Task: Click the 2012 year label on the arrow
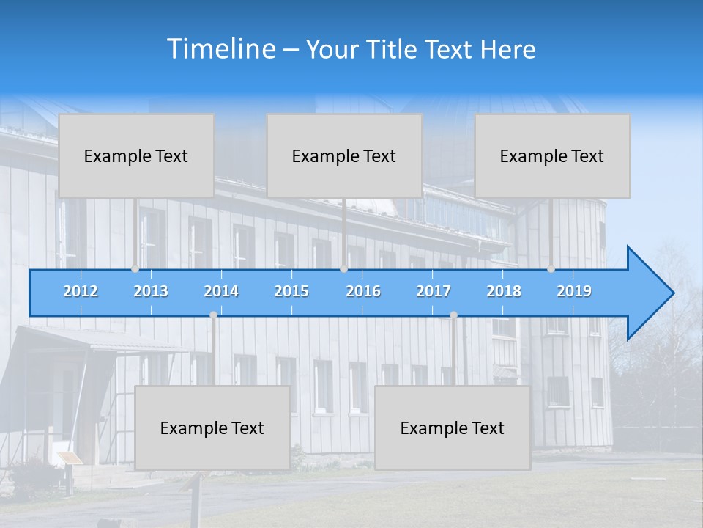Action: [81, 291]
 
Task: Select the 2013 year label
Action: [151, 291]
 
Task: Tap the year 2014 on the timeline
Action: [221, 291]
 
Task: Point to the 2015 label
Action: [291, 291]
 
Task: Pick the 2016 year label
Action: [363, 291]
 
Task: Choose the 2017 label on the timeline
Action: [434, 291]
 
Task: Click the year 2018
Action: [504, 291]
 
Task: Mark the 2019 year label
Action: [574, 291]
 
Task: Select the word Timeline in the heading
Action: [220, 49]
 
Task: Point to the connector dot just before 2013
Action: [135, 269]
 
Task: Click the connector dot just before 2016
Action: [343, 269]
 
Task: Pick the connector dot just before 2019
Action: [551, 269]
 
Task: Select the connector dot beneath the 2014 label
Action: [213, 315]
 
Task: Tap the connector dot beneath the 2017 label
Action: [453, 315]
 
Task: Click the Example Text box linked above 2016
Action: [344, 155]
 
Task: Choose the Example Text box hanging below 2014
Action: [212, 428]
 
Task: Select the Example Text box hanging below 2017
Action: [453, 428]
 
